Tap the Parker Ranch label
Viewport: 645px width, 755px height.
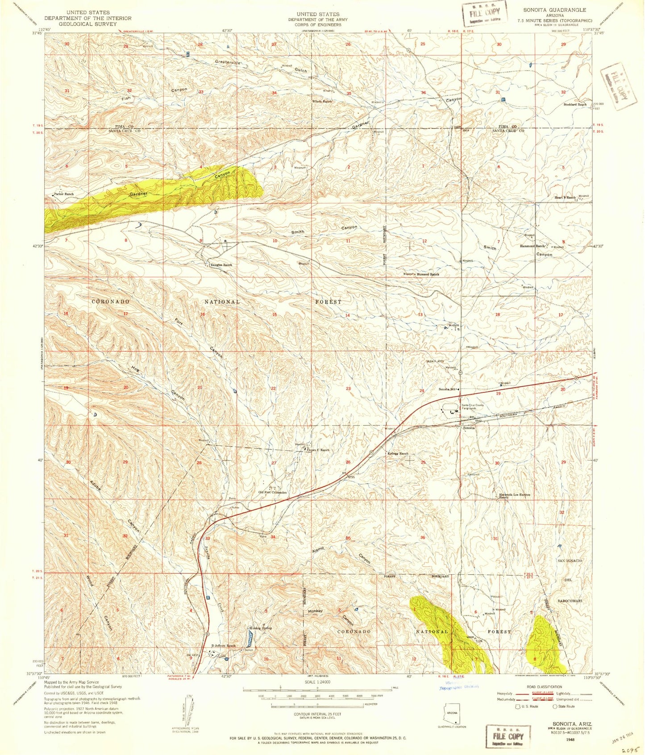tap(64, 194)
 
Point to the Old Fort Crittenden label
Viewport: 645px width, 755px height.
tap(272, 492)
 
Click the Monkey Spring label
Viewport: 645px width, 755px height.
tap(260, 628)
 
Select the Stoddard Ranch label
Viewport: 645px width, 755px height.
tap(575, 104)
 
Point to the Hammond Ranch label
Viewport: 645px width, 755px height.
tap(533, 246)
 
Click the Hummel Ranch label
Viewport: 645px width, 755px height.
tap(428, 274)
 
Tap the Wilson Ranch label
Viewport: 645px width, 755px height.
tap(322, 101)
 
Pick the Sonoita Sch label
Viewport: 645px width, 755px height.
tap(448, 389)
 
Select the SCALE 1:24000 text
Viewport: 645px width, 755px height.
tap(317, 682)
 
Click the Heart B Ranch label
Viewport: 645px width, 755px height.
tap(565, 197)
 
